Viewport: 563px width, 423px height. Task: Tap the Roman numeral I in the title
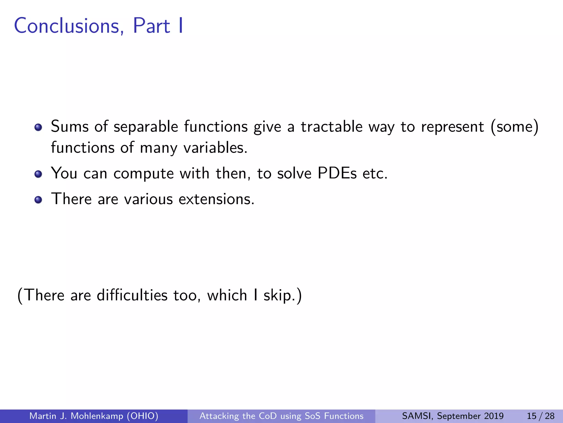coord(180,26)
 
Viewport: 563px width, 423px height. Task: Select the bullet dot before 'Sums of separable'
coord(38,127)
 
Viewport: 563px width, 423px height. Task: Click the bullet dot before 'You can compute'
coord(38,174)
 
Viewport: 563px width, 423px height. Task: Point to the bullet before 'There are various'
coord(38,200)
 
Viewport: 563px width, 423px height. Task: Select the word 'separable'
coord(146,127)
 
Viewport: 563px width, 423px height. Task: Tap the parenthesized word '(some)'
coord(514,127)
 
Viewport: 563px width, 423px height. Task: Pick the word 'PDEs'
coord(337,173)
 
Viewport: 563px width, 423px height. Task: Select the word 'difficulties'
coord(132,295)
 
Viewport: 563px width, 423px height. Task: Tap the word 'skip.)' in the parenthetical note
coord(283,296)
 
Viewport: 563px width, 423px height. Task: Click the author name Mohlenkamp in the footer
coord(97,416)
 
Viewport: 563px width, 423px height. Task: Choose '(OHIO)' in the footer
coord(142,416)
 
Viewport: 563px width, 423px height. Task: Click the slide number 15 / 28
coord(540,416)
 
